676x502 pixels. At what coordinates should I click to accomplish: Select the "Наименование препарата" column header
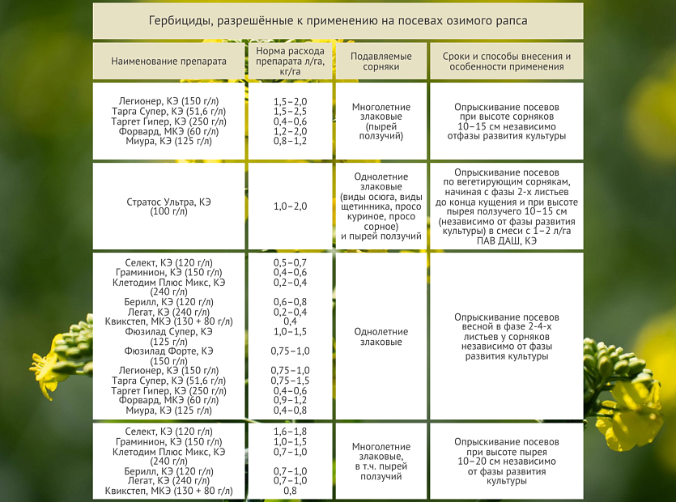pyautogui.click(x=169, y=62)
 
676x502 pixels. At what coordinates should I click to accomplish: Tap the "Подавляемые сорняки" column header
pyautogui.click(x=381, y=62)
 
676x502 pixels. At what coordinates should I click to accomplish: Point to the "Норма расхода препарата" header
pyautogui.click(x=289, y=56)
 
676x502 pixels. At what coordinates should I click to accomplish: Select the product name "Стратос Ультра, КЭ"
pyautogui.click(x=169, y=201)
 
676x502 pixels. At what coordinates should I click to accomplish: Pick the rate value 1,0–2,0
pyautogui.click(x=290, y=206)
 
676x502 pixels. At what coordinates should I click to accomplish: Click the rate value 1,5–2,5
pyautogui.click(x=290, y=111)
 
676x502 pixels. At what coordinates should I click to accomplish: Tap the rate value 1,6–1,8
pyautogui.click(x=290, y=432)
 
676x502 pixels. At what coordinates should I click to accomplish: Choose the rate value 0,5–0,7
pyautogui.click(x=290, y=263)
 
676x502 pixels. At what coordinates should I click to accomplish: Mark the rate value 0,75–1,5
pyautogui.click(x=290, y=381)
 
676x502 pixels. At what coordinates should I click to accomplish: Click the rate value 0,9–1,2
pyautogui.click(x=290, y=400)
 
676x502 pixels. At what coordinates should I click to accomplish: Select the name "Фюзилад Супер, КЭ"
pyautogui.click(x=169, y=331)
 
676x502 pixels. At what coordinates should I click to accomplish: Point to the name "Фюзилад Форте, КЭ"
pyautogui.click(x=169, y=351)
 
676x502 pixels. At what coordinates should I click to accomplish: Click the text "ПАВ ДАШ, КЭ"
pyautogui.click(x=507, y=240)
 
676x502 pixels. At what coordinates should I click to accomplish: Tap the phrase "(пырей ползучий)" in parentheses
pyautogui.click(x=381, y=131)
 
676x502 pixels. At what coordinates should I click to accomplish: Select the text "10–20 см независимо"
pyautogui.click(x=507, y=461)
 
